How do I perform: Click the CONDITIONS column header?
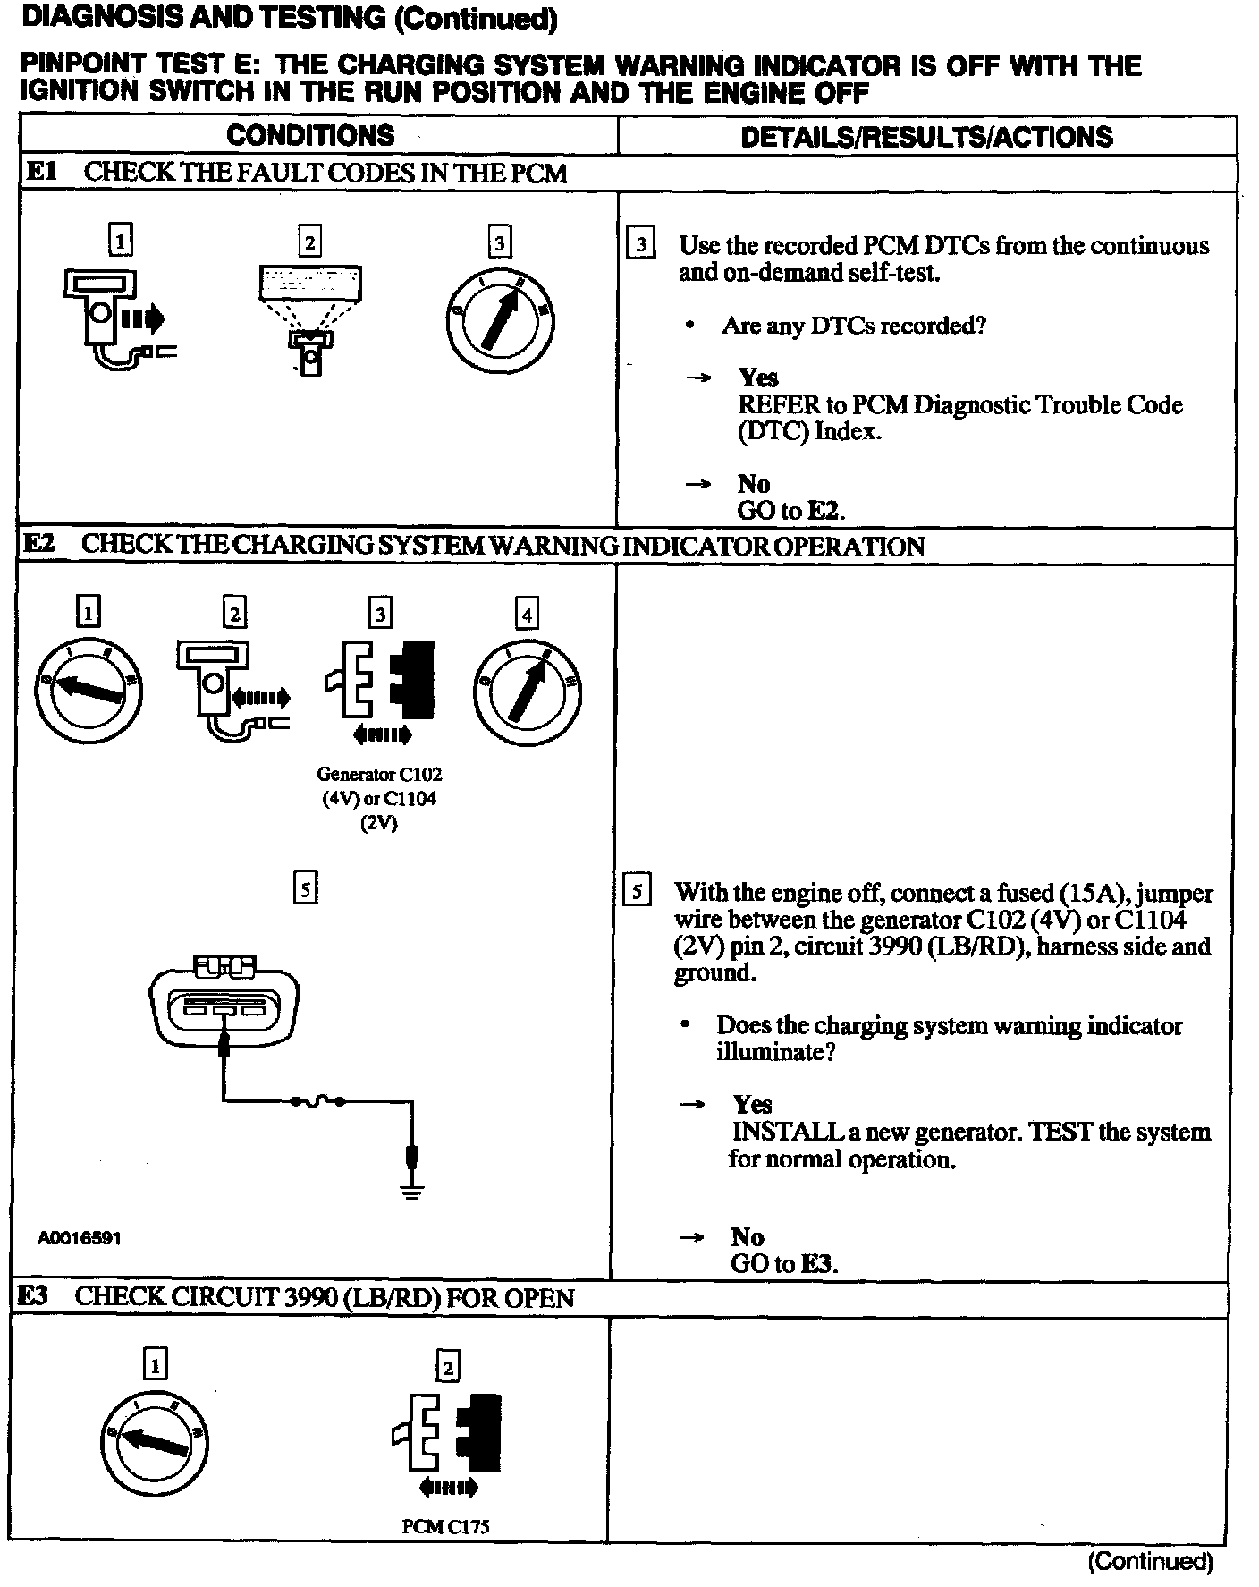310,135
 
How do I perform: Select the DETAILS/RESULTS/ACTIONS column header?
926,136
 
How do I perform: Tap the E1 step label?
41,171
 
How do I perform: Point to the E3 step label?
34,1296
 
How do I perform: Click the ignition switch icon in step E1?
499,318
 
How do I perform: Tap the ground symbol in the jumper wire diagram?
411,1190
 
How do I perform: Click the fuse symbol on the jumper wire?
317,1100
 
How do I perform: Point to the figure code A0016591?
80,1238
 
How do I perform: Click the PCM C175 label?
445,1526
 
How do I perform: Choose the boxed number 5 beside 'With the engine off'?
636,892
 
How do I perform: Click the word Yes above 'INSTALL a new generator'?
752,1105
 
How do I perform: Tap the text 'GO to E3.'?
783,1264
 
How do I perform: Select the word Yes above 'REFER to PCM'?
757,378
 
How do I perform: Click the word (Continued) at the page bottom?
1150,1562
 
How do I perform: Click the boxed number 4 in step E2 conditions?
527,615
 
